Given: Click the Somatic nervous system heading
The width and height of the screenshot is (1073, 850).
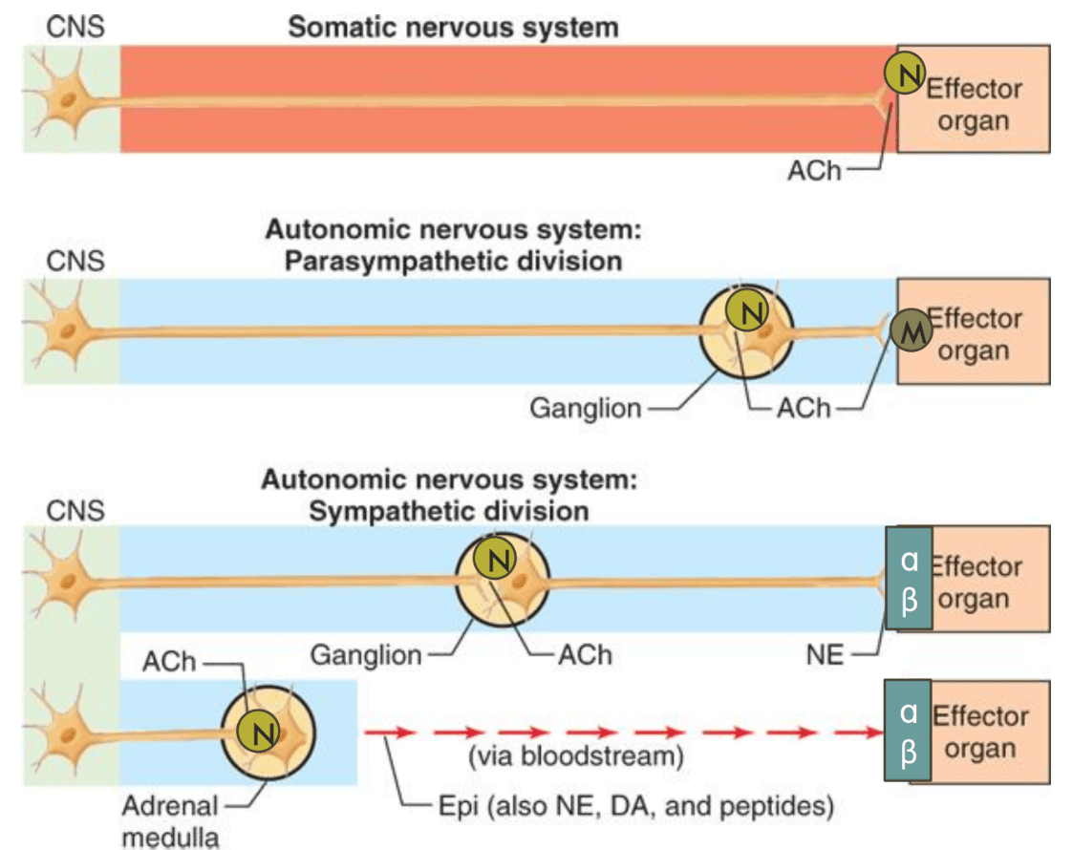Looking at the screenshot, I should pyautogui.click(x=453, y=26).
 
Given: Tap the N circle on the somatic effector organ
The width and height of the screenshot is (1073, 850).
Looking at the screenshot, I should pyautogui.click(x=904, y=74).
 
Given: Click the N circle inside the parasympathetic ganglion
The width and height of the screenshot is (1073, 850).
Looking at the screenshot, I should pyautogui.click(x=746, y=309).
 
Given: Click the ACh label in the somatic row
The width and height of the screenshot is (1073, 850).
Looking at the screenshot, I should pyautogui.click(x=813, y=173).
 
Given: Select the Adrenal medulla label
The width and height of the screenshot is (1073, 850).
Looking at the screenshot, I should pyautogui.click(x=169, y=819).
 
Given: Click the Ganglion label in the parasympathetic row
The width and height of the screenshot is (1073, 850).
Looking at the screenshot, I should pyautogui.click(x=585, y=409).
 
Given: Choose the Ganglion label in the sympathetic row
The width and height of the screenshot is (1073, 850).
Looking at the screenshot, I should pyautogui.click(x=366, y=656).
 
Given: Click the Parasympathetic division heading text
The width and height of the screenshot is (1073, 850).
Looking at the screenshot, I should pyautogui.click(x=453, y=261).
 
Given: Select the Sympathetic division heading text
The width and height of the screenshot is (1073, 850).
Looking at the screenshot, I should pyautogui.click(x=448, y=510).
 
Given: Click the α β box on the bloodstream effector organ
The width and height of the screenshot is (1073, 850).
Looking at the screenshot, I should pyautogui.click(x=909, y=731).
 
